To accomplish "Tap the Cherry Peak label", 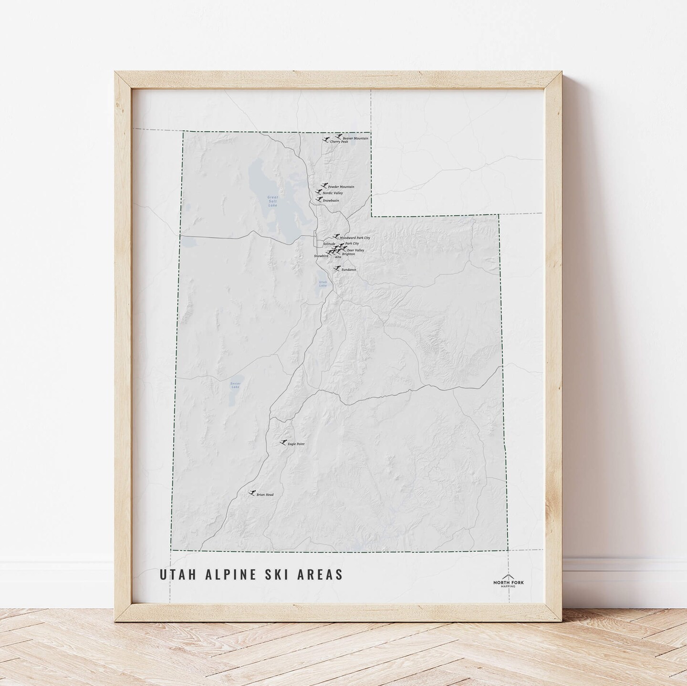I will pos(339,142).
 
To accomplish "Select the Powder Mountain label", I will pos(341,187).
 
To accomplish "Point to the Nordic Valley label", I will pos(333,193).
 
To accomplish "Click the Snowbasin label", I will pos(331,201).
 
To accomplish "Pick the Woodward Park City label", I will pos(355,237).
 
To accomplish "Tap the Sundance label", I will pos(349,270).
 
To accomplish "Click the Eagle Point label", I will pos(296,444).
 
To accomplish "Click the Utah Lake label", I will pos(323,283).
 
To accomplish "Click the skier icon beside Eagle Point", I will pos(283,442).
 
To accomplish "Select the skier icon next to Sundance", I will pos(337,269).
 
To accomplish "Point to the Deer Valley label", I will pos(355,250).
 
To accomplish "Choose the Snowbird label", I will pos(321,256).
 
